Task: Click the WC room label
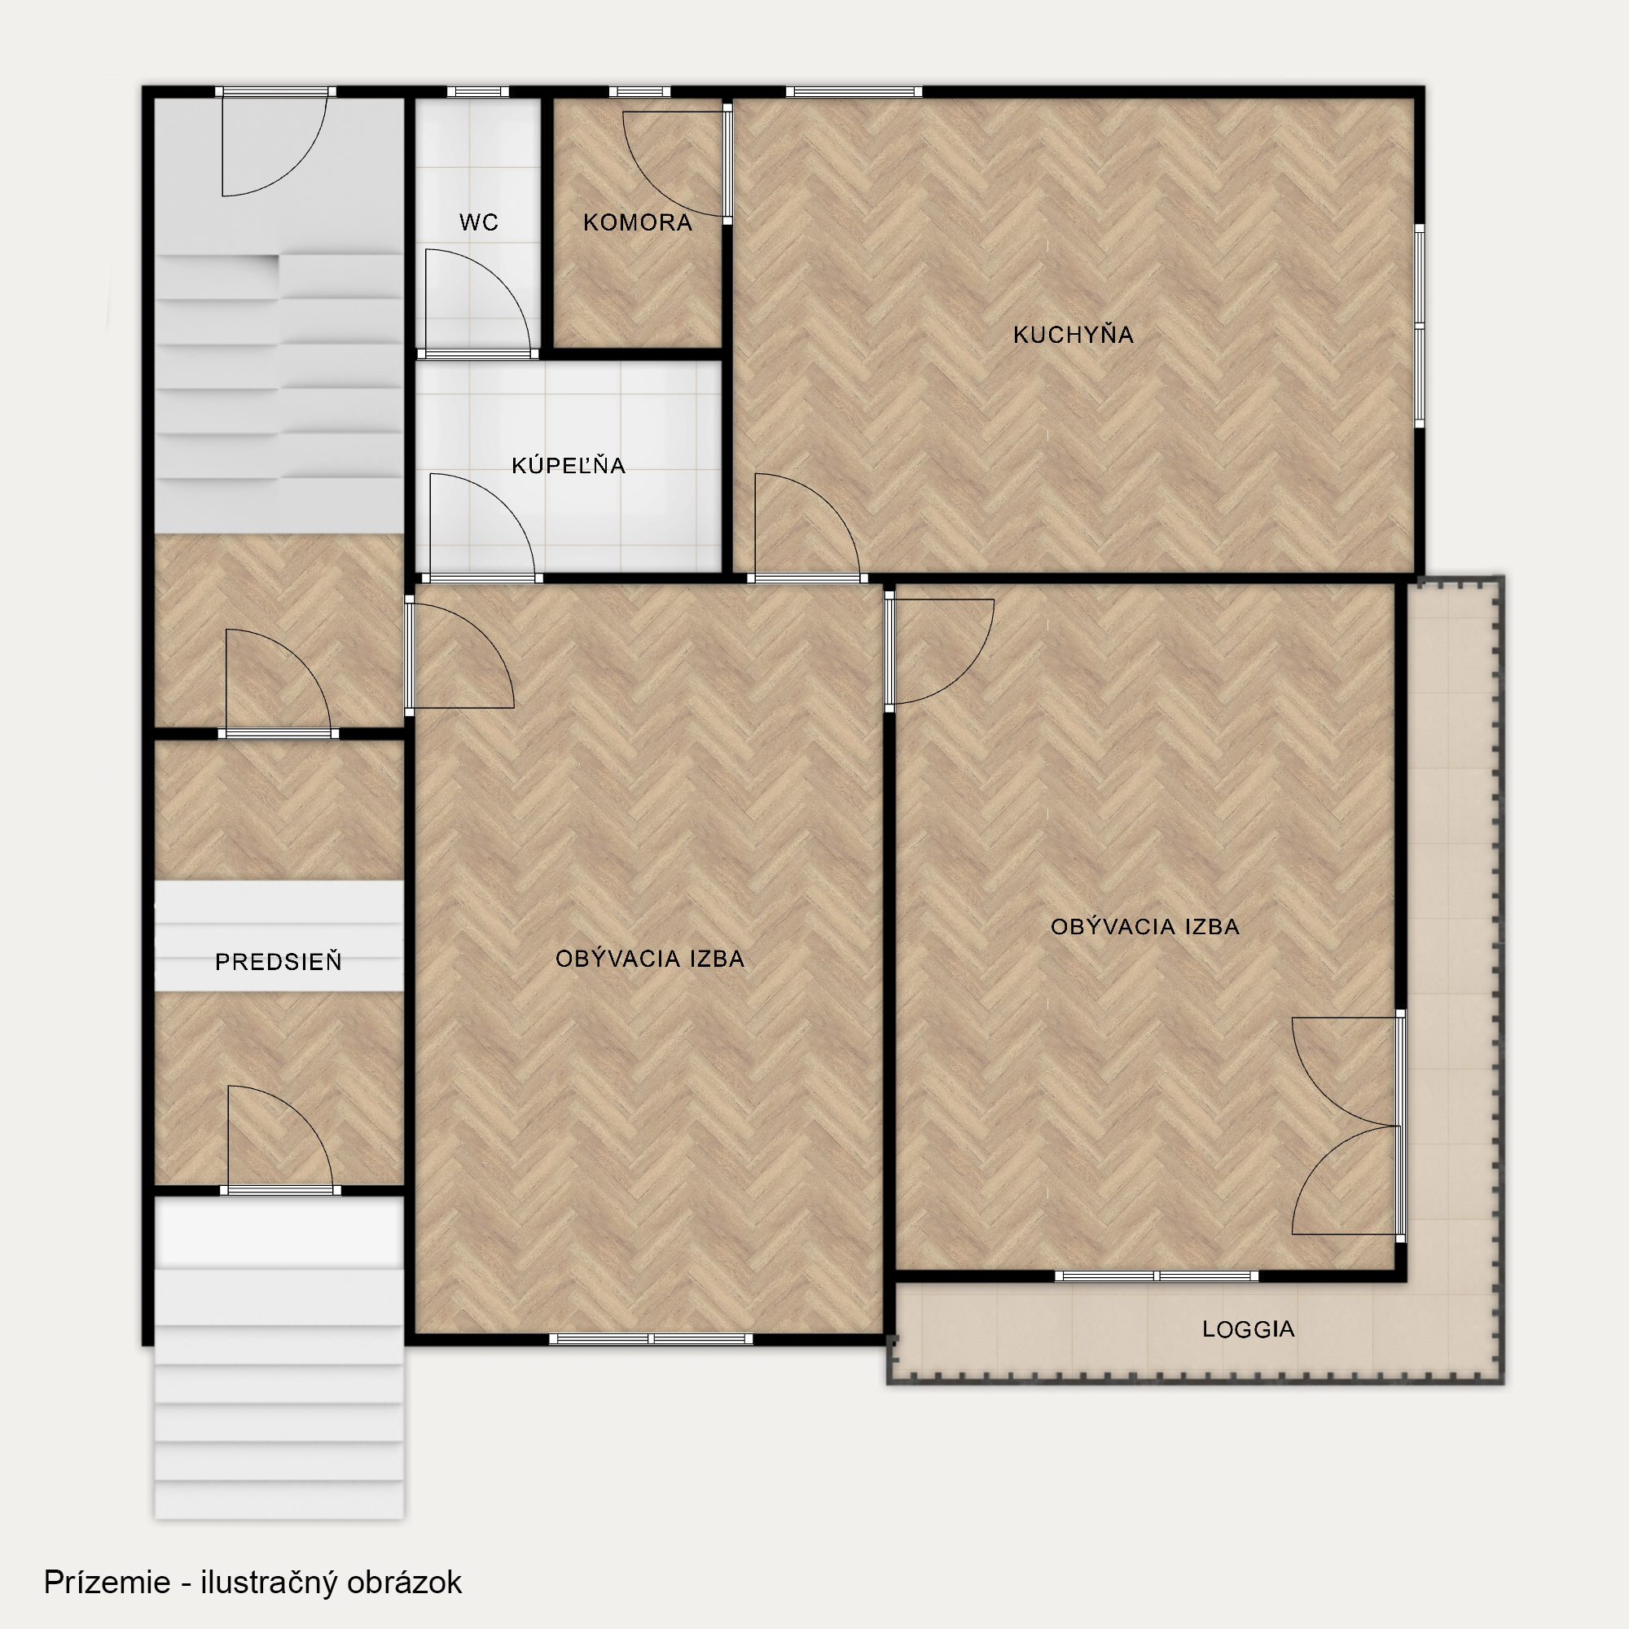coord(478,222)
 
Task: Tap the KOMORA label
coord(638,222)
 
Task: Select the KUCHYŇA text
coord(1073,335)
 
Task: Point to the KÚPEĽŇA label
coord(569,464)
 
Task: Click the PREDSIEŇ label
coord(279,961)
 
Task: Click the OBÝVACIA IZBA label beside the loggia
coord(1144,927)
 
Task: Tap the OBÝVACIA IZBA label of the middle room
coord(649,958)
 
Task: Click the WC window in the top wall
coord(477,92)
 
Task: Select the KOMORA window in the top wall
coord(639,92)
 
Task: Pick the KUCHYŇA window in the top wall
coord(854,92)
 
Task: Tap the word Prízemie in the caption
coord(107,1582)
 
